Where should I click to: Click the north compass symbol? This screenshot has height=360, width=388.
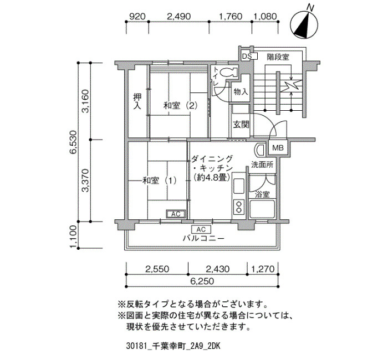304,25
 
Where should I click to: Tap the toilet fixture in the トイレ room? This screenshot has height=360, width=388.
228,72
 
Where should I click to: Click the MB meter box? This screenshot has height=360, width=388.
278,148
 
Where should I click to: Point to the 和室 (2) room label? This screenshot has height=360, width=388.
180,106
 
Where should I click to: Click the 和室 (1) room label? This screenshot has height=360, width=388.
160,181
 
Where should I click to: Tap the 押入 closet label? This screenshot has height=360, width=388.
137,101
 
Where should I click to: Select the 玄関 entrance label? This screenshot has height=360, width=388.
241,125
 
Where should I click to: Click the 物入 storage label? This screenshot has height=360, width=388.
241,92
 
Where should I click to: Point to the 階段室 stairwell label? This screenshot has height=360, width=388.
278,57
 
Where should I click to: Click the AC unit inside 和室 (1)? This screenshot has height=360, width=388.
176,214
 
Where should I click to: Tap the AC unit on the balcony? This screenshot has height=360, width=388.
201,229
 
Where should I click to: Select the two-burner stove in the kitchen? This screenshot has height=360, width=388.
238,207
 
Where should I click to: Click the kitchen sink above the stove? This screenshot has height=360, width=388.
239,186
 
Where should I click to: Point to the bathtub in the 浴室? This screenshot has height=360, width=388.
262,209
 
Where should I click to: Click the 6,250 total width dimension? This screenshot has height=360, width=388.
202,281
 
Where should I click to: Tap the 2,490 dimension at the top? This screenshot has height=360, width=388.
179,17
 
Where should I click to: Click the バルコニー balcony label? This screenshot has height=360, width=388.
203,239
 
